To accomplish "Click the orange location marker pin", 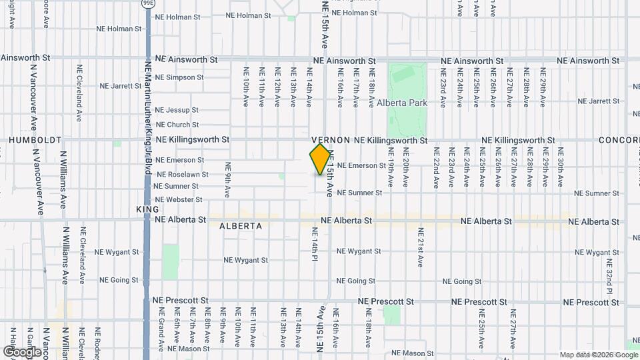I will (x=321, y=159).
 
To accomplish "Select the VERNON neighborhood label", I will (x=330, y=140).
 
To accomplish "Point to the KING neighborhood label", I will (x=147, y=209).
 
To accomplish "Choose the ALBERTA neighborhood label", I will (x=241, y=226).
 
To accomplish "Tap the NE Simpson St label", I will (x=179, y=77).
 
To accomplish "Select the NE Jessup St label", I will (x=177, y=110).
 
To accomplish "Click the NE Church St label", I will (x=177, y=125).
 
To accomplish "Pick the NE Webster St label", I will (x=178, y=199).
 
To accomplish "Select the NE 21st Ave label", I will (x=421, y=247).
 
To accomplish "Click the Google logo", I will (x=22, y=351).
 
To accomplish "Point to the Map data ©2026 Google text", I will (x=597, y=355).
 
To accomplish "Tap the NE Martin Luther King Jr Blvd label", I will (x=148, y=113).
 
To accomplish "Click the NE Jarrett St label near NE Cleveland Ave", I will (x=121, y=86).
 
